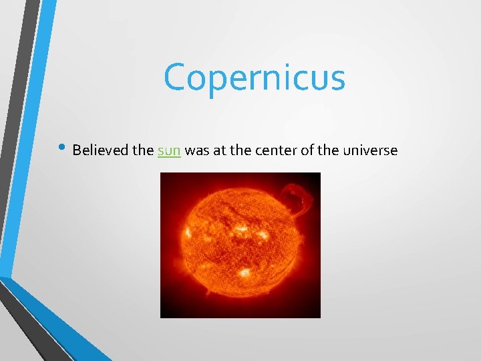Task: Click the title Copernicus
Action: (255, 78)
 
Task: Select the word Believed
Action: (100, 150)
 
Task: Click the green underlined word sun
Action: (169, 151)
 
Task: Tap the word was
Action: (196, 151)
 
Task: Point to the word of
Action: (305, 150)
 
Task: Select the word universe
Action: (370, 151)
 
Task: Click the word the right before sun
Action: (143, 150)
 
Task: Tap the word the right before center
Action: (237, 150)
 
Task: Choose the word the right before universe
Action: (327, 150)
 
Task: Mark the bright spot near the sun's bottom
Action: (245, 273)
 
